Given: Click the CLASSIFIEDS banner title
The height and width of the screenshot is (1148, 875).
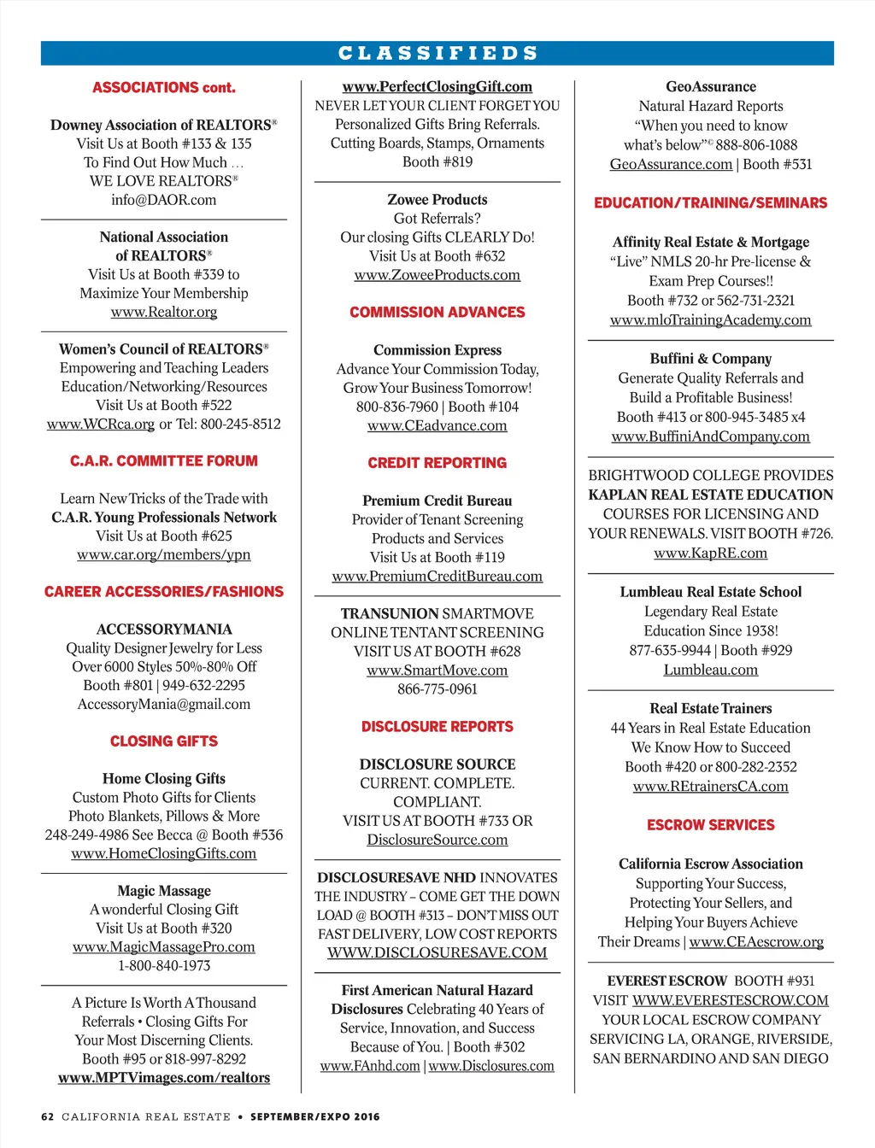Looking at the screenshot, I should click(437, 53).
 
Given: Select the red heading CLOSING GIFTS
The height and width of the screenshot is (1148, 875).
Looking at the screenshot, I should click(164, 741).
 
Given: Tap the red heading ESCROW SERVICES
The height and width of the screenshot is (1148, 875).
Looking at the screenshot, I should click(711, 825).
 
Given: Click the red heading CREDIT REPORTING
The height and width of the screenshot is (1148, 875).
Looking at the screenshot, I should click(437, 463).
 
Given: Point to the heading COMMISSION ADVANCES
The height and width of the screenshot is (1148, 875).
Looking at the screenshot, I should click(437, 313).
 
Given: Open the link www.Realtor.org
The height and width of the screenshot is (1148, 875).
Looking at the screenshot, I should click(164, 312).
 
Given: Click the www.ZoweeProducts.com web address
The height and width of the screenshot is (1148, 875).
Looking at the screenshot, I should click(437, 275).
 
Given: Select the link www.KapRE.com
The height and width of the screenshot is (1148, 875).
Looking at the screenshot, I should click(711, 553).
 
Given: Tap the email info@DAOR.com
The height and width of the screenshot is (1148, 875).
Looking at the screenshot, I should click(164, 200).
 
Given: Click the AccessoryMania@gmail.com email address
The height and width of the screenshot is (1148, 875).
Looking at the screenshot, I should click(164, 705).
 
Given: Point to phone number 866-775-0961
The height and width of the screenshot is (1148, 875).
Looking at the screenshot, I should click(437, 689).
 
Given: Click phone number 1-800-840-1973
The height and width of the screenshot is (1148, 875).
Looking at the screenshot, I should click(164, 966).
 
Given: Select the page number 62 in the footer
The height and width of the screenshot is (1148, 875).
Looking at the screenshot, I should click(48, 1116).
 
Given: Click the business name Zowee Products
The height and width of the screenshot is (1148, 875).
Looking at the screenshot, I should click(437, 200).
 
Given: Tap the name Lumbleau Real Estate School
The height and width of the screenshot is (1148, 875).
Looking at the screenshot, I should click(711, 592).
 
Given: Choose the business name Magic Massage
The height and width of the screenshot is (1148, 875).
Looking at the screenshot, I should click(164, 891).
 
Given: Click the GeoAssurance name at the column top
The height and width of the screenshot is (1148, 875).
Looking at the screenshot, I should click(711, 87).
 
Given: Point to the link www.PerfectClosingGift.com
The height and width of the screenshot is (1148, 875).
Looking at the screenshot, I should click(437, 87).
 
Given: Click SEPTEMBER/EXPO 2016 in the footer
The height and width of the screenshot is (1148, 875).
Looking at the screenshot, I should click(315, 1116).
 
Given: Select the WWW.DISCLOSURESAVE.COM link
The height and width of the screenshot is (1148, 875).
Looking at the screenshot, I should click(437, 953).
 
